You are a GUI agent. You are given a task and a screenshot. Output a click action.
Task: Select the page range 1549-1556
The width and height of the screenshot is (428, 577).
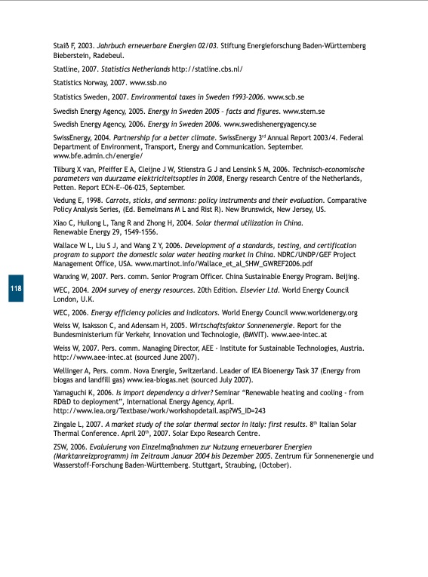pyautogui.click(x=137, y=232)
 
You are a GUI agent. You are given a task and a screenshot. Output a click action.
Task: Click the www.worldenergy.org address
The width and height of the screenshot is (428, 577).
pyautogui.click(x=324, y=312)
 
